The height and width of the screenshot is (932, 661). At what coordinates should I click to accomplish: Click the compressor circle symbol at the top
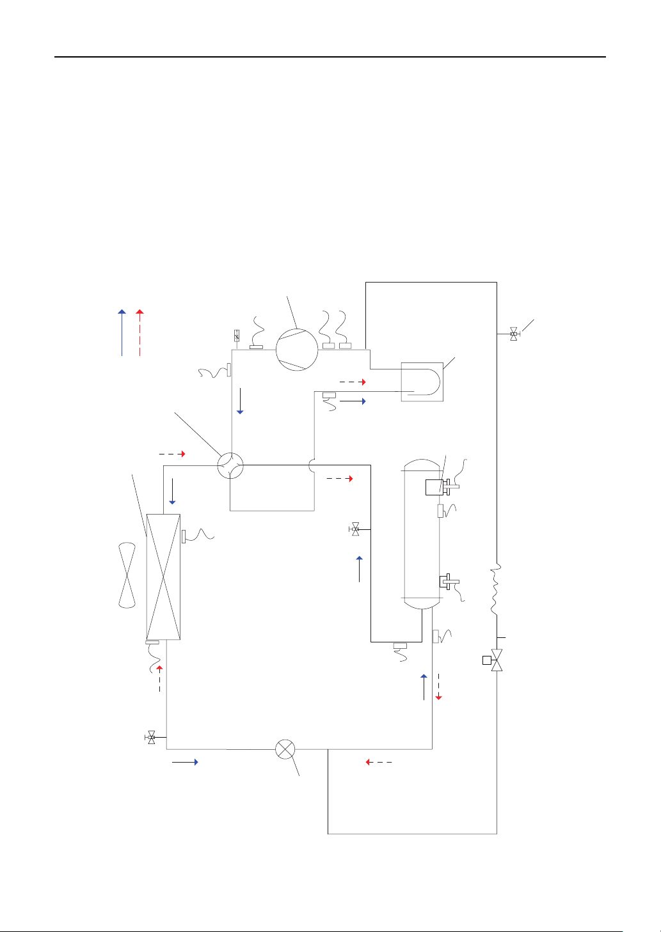296,350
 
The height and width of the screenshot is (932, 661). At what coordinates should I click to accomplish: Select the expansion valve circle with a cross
285,749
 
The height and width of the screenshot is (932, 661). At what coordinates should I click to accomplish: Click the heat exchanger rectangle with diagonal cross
164,577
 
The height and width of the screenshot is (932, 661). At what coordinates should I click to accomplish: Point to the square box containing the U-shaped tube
422,382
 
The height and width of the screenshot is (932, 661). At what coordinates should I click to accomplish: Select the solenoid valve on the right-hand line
496,660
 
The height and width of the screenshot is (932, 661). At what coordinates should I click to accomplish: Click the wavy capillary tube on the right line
497,589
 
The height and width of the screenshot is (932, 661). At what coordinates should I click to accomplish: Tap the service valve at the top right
513,333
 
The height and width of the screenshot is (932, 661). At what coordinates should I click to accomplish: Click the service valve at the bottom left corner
152,737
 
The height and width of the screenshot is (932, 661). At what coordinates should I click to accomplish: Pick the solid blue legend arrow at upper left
122,332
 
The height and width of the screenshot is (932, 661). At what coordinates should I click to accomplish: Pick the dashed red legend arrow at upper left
139,332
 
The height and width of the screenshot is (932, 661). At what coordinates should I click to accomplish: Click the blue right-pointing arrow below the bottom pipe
186,762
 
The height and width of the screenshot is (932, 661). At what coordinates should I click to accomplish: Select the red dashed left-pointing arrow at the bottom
378,762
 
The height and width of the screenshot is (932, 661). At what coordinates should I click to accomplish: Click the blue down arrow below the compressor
240,400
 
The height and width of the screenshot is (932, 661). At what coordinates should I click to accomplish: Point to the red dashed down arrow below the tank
438,687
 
